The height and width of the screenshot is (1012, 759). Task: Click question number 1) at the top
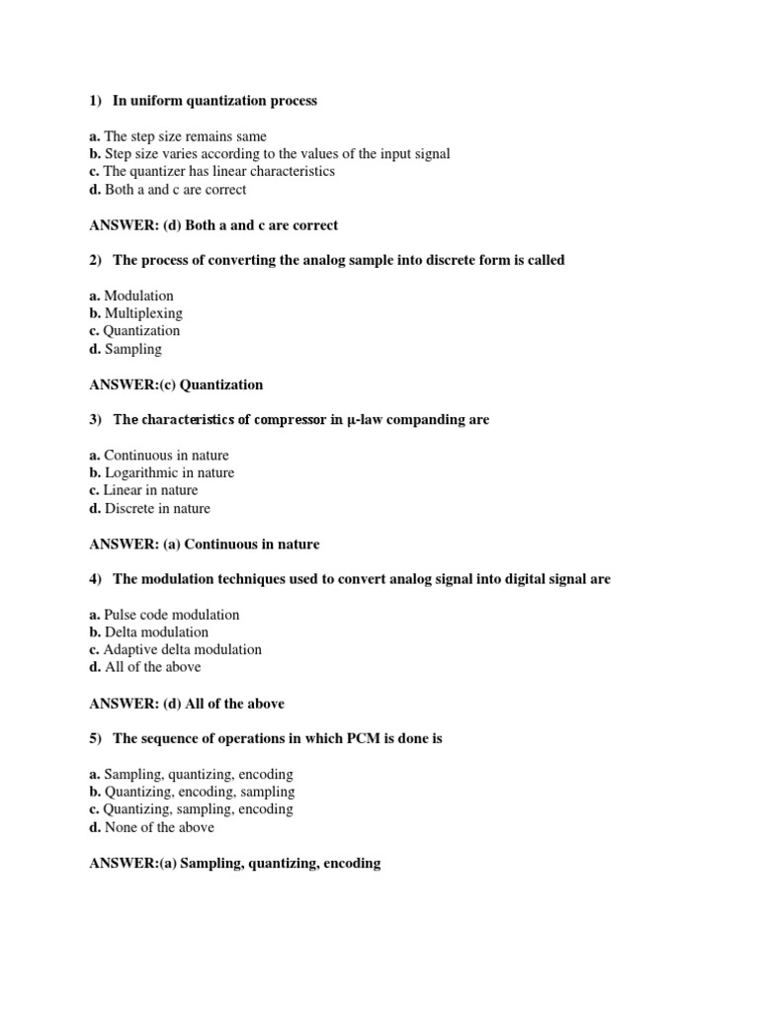(x=96, y=101)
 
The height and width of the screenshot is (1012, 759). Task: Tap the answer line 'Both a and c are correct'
(x=212, y=225)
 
